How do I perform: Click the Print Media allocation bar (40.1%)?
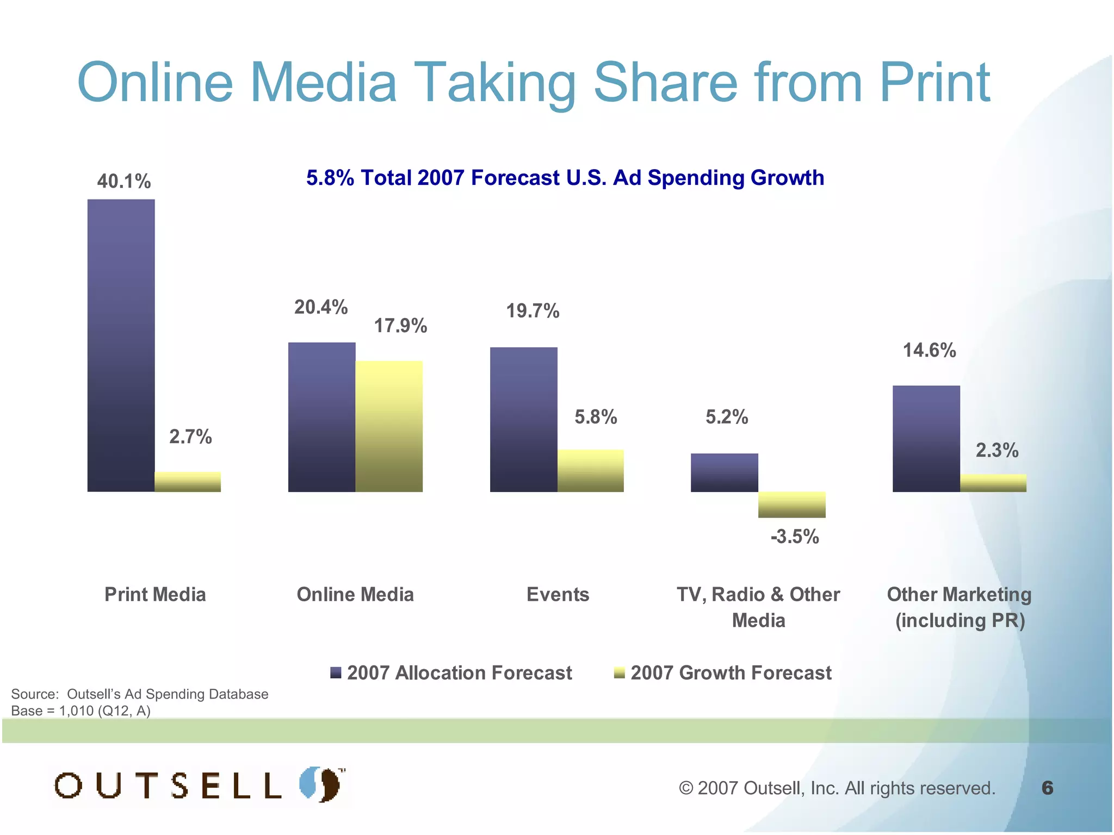[121, 345]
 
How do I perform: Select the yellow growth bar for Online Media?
[389, 426]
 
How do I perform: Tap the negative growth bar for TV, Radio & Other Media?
[791, 504]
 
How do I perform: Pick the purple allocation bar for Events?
[523, 419]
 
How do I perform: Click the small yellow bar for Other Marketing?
[993, 483]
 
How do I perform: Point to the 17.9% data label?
[400, 326]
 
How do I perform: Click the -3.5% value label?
[794, 537]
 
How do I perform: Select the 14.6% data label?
[929, 350]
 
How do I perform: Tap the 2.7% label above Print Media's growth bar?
[190, 437]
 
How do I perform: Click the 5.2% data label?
[727, 417]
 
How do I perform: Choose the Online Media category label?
[355, 594]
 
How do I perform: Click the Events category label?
[558, 594]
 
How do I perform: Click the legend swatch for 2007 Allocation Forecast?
[336, 673]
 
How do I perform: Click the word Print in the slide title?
[934, 83]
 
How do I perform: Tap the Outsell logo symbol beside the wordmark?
[321, 784]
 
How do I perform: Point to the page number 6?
[1047, 788]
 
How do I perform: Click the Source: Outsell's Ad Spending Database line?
[140, 694]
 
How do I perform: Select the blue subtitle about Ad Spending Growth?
[565, 178]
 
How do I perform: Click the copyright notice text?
[837, 788]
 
